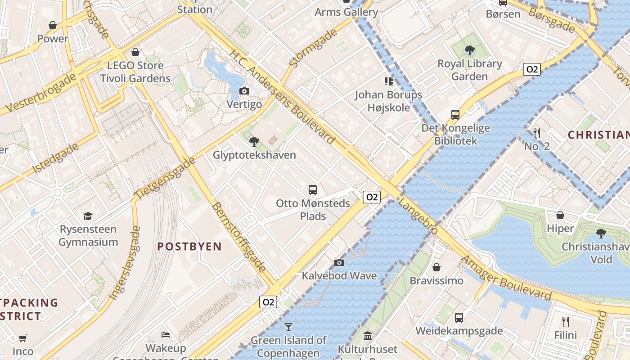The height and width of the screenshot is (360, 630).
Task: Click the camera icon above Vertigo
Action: point(244,91)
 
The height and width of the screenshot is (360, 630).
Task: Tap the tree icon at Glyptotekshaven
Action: point(254,142)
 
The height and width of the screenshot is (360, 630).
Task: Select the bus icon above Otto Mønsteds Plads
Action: point(313,189)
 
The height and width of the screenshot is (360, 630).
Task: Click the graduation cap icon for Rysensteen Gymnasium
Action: point(88,216)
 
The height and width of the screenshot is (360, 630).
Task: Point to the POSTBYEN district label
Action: point(189,246)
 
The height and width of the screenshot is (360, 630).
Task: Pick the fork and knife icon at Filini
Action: point(566,321)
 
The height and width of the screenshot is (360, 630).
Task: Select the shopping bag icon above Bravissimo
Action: point(436,267)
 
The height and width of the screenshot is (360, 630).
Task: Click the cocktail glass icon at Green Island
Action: point(288,327)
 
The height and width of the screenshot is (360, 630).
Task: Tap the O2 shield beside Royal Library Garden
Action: point(532,69)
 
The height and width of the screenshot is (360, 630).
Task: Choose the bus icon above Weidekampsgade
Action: point(459,318)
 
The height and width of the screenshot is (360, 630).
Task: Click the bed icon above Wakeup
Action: point(166,335)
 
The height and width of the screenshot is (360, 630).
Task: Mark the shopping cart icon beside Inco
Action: point(23,337)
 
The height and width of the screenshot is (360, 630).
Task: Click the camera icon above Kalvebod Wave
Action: point(339,262)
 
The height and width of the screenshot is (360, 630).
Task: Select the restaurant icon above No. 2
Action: point(536,133)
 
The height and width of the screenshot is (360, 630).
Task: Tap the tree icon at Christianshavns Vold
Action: point(601,233)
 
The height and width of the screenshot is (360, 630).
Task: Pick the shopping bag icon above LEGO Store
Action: point(135,52)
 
